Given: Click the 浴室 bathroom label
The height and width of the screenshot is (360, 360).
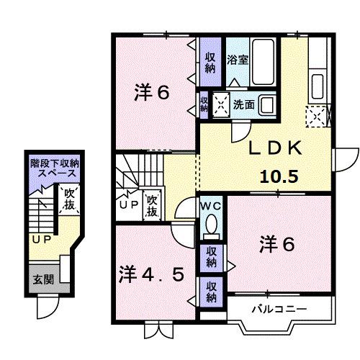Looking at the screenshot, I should point(237,59).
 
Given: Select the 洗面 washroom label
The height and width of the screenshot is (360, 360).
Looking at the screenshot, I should point(243,104).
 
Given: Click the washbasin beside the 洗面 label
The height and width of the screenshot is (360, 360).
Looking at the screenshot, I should point(267,104).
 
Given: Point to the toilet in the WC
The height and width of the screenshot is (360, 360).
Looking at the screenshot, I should point(212,227).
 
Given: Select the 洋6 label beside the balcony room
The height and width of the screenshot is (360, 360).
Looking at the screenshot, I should point(277,245).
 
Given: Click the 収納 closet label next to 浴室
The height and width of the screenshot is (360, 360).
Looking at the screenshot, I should point(210,63).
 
